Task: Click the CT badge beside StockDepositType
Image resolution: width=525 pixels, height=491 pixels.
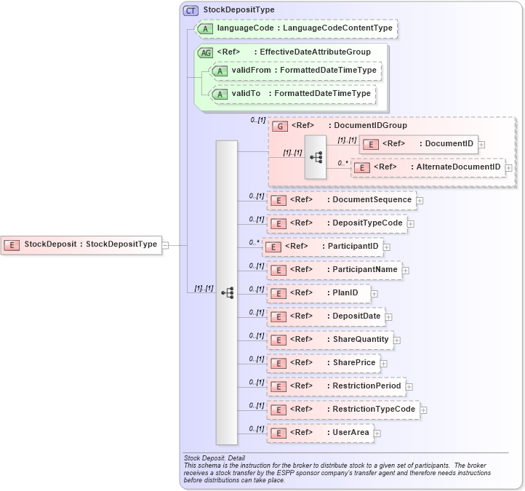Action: pyautogui.click(x=191, y=10)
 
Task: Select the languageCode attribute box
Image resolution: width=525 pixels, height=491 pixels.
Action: pyautogui.click(x=297, y=28)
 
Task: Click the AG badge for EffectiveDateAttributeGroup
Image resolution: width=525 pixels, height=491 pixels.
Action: pyautogui.click(x=205, y=52)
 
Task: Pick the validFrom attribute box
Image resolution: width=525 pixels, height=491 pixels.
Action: pyautogui.click(x=295, y=70)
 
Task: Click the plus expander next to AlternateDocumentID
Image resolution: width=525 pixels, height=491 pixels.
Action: pyautogui.click(x=508, y=168)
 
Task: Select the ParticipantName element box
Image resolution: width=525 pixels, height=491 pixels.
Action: pyautogui.click(x=334, y=270)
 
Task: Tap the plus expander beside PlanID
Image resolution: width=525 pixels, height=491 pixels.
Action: pyautogui.click(x=374, y=294)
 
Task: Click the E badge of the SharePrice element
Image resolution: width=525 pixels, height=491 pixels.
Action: pyautogui.click(x=277, y=364)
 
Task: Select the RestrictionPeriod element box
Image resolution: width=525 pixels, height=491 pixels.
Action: pyautogui.click(x=334, y=386)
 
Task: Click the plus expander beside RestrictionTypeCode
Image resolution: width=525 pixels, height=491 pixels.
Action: pyautogui.click(x=423, y=410)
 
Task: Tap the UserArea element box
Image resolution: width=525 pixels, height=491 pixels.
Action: pyautogui.click(x=320, y=433)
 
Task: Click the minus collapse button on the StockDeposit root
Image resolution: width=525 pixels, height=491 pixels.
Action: pyautogui.click(x=165, y=245)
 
